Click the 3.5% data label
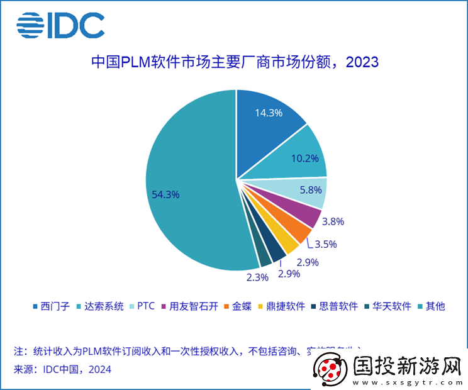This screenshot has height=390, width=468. click(325, 244)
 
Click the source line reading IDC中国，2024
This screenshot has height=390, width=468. click(62, 369)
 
